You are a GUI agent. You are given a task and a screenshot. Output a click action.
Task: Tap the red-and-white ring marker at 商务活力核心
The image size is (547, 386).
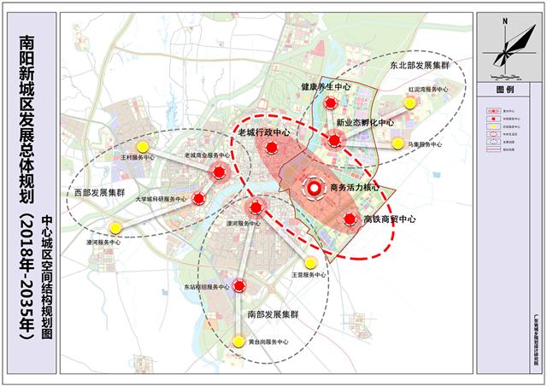coord(314,188)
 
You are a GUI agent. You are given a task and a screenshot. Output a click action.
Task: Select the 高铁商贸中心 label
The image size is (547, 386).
coord(389,219)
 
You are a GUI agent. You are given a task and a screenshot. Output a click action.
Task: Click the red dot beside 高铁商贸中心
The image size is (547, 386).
coord(349,219)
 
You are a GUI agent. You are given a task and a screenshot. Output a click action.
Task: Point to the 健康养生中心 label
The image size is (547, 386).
coord(326,87)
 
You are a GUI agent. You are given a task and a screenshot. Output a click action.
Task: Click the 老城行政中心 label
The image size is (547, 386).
coord(263,133)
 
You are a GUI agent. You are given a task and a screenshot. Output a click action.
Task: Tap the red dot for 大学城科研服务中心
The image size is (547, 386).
coord(198,200)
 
